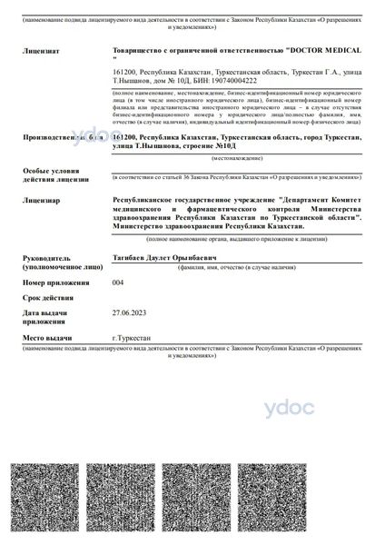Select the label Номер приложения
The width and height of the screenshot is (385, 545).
(54, 284)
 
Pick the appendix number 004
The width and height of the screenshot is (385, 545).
(117, 283)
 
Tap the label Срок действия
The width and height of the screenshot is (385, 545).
(48, 298)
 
